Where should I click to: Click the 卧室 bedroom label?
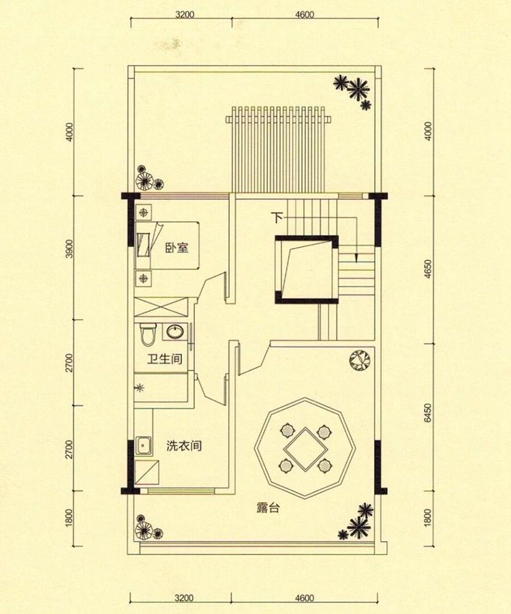(x=176, y=248)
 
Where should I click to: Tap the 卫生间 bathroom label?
(x=166, y=359)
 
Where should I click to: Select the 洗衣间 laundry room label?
(x=183, y=447)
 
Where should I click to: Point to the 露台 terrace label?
(x=268, y=508)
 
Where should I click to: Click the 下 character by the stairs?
(x=277, y=218)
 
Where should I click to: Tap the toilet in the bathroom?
(x=149, y=334)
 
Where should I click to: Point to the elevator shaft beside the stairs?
(x=306, y=269)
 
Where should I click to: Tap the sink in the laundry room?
(x=144, y=445)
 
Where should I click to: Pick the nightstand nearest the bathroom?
(x=144, y=278)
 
